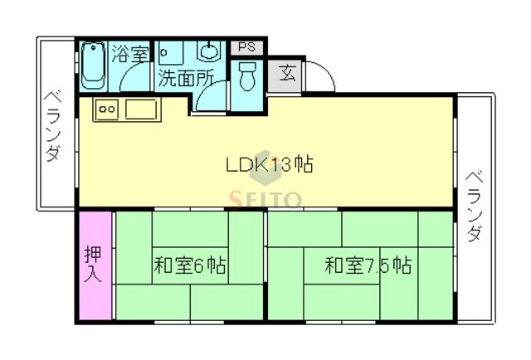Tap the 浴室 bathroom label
pyautogui.click(x=130, y=55)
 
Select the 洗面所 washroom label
pyautogui.click(x=186, y=79)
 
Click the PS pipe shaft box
pyautogui.click(x=246, y=48)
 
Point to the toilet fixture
pyautogui.click(x=247, y=79)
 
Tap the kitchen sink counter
pyautogui.click(x=126, y=109)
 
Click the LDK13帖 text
pyautogui.click(x=270, y=164)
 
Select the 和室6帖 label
pyautogui.click(x=190, y=266)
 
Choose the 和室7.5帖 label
pyautogui.click(x=368, y=266)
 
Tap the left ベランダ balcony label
pyautogui.click(x=53, y=124)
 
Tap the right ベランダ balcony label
pyautogui.click(x=474, y=207)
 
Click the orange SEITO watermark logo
pyautogui.click(x=265, y=197)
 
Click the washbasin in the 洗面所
pyautogui.click(x=207, y=52)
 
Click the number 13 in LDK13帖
pyautogui.click(x=280, y=164)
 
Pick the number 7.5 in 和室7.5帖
pyautogui.click(x=378, y=266)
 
